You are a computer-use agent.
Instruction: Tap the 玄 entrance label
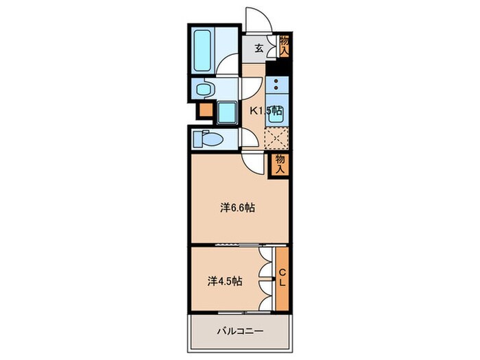click(x=260, y=48)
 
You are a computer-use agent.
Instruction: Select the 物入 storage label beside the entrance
click(x=284, y=45)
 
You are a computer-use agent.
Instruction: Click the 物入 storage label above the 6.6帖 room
click(x=280, y=165)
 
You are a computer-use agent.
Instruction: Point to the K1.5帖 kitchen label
click(x=265, y=111)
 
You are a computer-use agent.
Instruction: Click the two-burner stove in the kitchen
click(x=277, y=86)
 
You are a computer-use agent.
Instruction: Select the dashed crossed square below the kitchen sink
click(x=276, y=138)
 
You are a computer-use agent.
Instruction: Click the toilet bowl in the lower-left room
click(x=205, y=139)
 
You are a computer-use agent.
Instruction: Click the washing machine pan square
click(x=226, y=111)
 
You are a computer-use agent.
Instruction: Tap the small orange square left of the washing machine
click(x=205, y=110)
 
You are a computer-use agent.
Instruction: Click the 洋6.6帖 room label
click(x=237, y=207)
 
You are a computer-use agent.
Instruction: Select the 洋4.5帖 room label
click(x=225, y=280)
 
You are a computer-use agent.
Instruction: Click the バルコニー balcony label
click(x=240, y=332)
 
